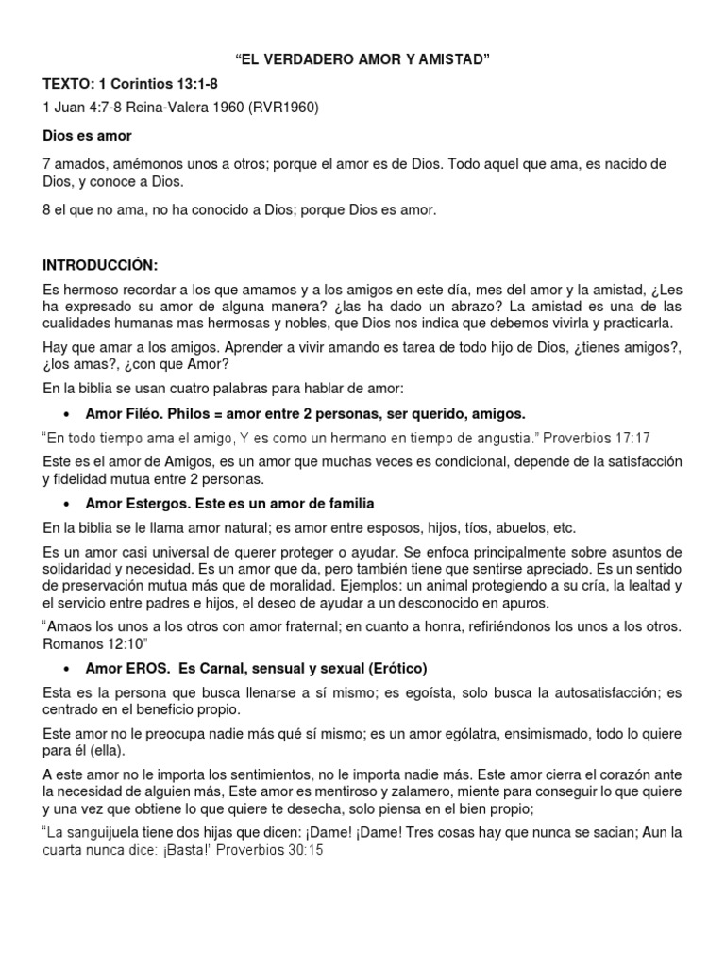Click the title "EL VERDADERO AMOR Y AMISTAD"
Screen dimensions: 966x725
point(362,61)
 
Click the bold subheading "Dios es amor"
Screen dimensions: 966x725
point(88,136)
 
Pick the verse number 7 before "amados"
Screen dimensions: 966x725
point(47,164)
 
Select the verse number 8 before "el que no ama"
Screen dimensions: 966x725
point(47,210)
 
